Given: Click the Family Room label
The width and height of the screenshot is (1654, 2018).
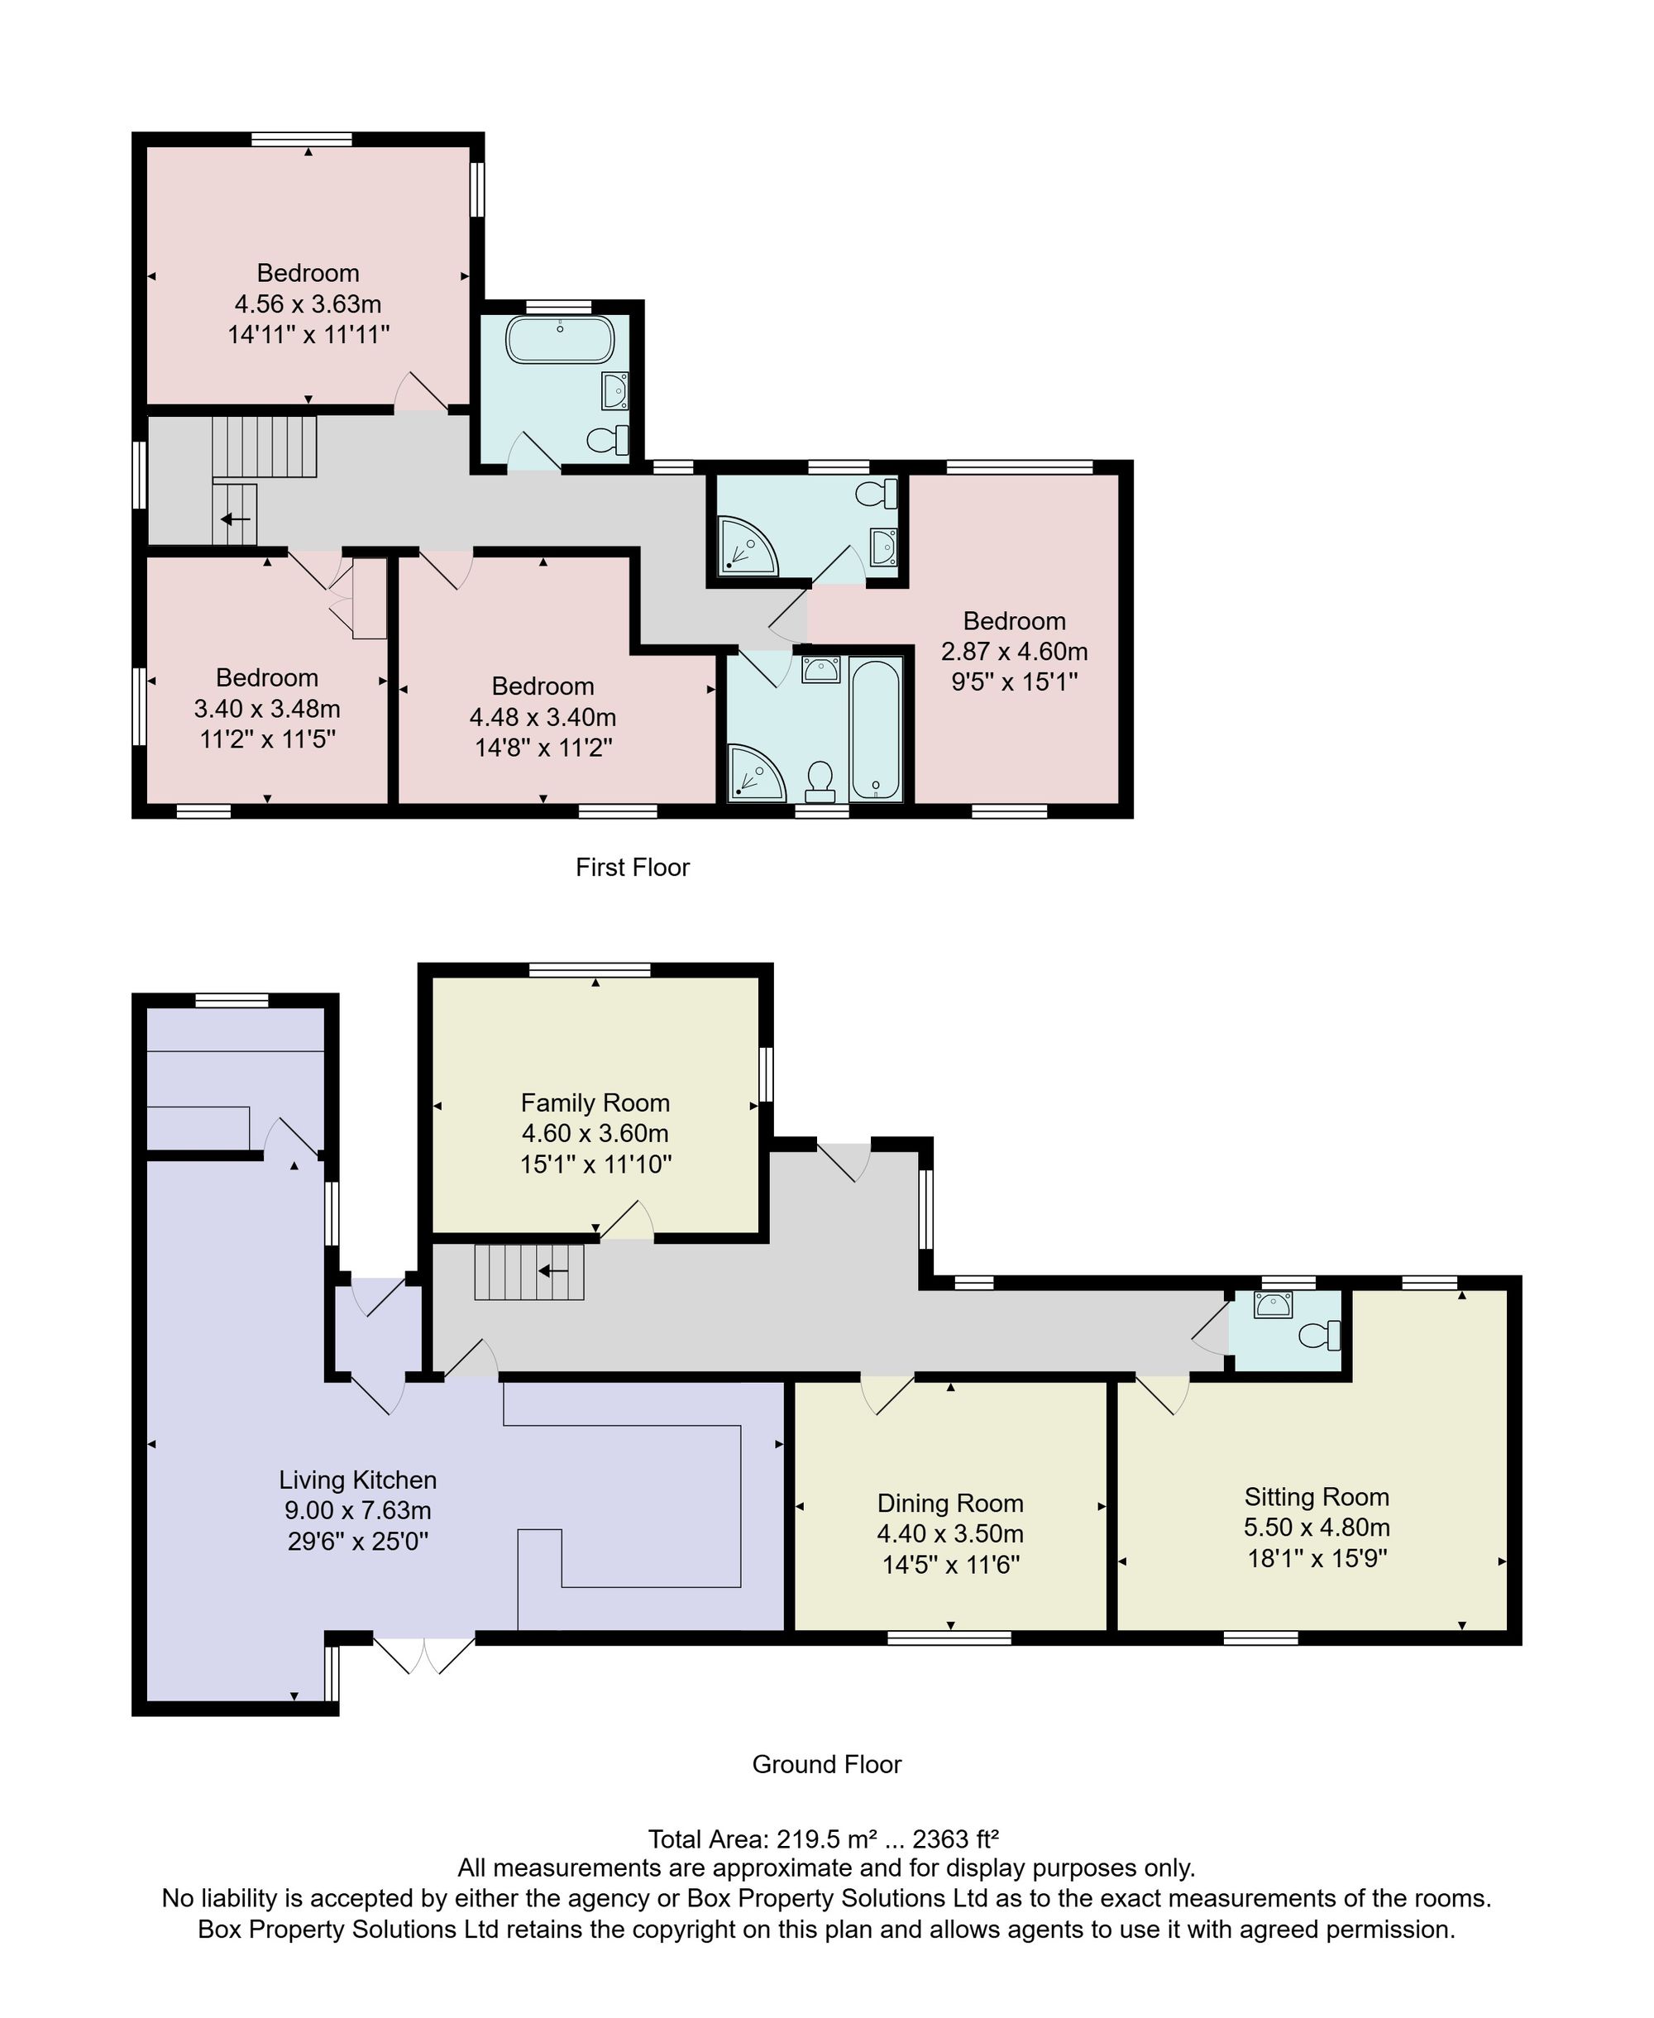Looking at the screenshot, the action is point(595,1102).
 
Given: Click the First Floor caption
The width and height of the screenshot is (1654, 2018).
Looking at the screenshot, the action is point(633,867).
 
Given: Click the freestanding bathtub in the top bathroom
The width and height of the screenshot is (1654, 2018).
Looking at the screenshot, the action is point(560,340).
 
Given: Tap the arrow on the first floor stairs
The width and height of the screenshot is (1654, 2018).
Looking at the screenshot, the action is point(236,519).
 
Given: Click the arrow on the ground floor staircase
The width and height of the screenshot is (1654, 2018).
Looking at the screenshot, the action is point(553,1271).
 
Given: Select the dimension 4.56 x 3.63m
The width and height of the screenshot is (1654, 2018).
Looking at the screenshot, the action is point(308,304).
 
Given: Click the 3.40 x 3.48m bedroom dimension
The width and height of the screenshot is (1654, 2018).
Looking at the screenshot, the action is point(267,709).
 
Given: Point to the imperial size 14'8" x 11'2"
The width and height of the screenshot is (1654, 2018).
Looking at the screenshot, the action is point(543,747).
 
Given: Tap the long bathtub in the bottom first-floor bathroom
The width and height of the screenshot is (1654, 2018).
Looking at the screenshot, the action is point(876,729).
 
